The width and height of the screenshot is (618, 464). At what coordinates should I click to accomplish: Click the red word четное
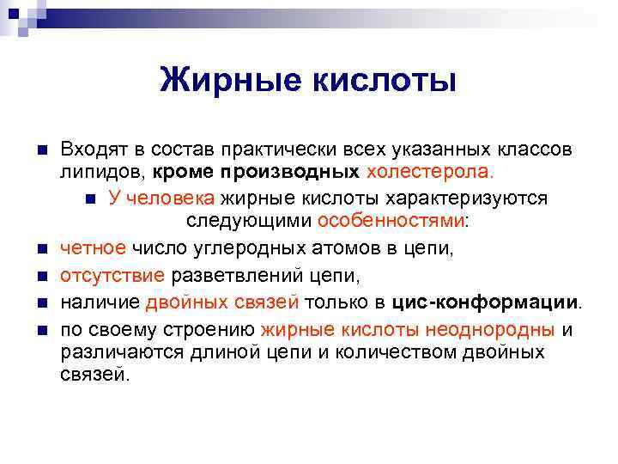click(x=93, y=249)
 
